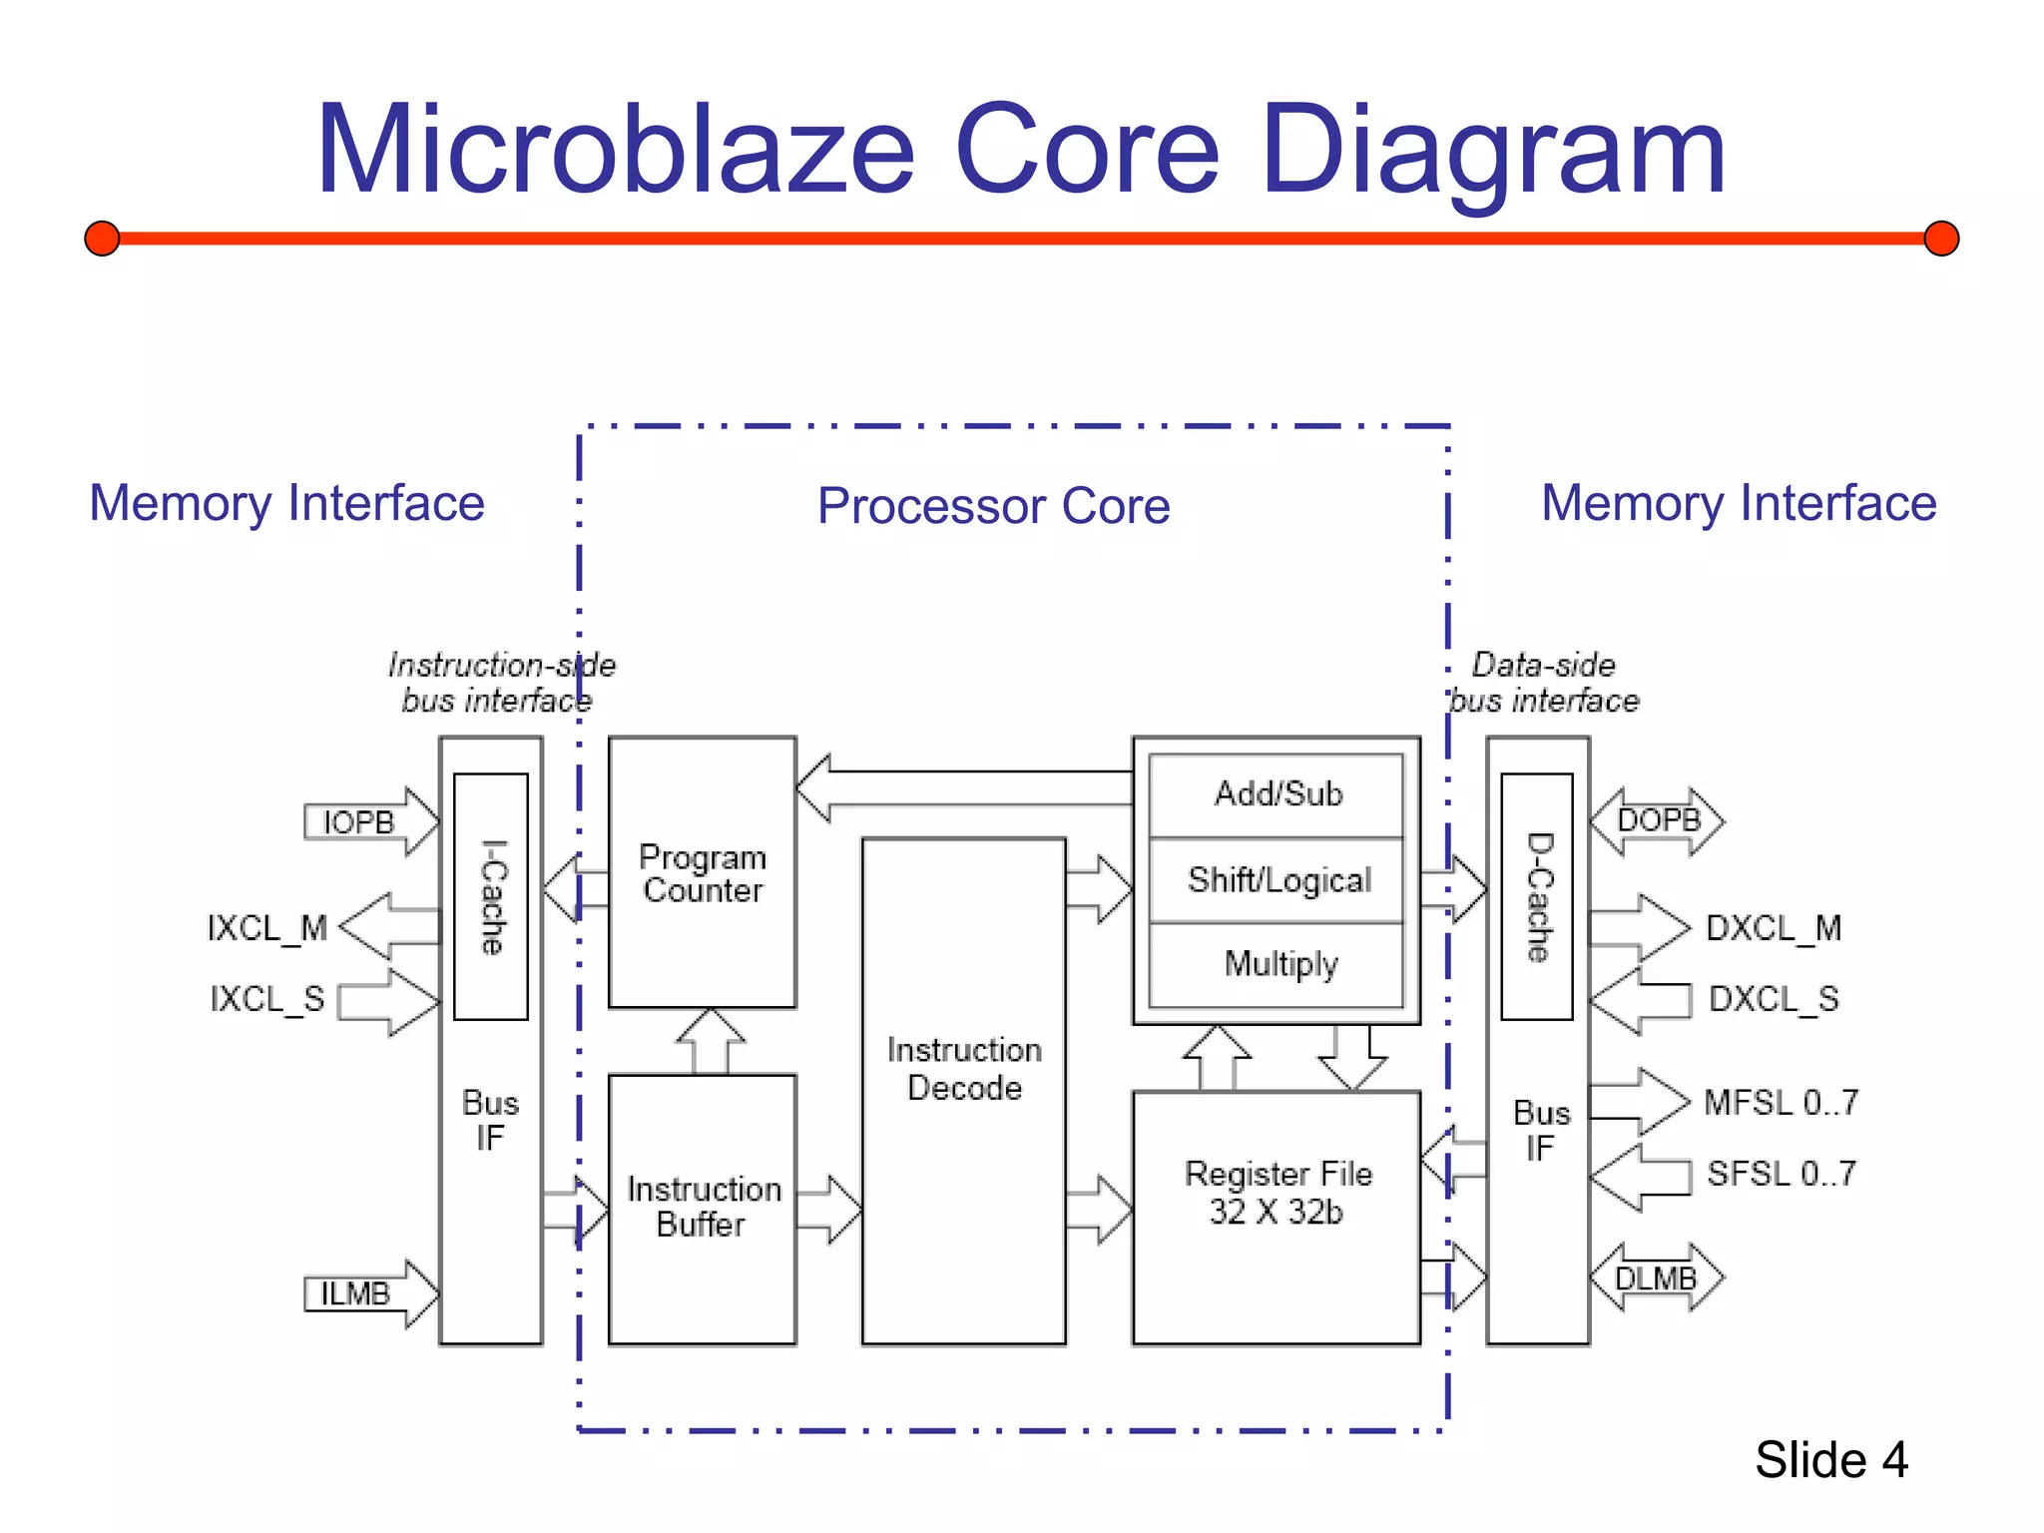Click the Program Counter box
pos(702,872)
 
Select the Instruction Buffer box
pos(702,1207)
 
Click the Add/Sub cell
pos(1277,794)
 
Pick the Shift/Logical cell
pos(1277,880)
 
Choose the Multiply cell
pos(1277,964)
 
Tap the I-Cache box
pos(491,896)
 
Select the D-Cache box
pos(1537,896)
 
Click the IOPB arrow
pos(370,822)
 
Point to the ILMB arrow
pos(370,1293)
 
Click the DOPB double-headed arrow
pos(1657,821)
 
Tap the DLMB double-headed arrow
pos(1657,1277)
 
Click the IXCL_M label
pos(266,928)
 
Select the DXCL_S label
pos(1773,999)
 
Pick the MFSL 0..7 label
pos(1781,1103)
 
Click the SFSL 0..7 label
pos(1781,1174)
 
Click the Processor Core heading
pos(993,505)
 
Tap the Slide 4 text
pos(1831,1460)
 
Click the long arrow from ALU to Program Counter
pos(963,787)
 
